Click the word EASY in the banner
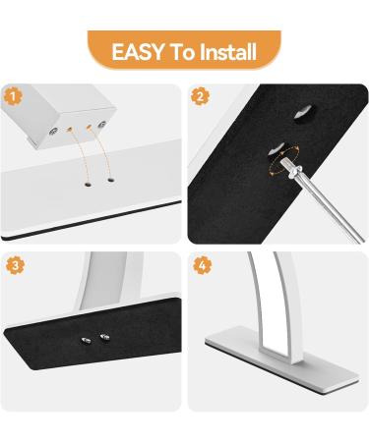point(138,52)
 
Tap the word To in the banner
point(182,52)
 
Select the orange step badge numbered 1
point(13,97)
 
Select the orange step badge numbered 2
point(201,96)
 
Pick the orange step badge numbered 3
point(15,265)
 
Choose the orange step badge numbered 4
point(203,265)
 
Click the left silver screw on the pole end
point(52,132)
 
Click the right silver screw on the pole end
point(102,125)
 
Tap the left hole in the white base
point(88,185)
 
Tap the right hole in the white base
point(110,180)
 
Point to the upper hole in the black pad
point(303,114)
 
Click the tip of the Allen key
point(283,160)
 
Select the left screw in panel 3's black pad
point(86,340)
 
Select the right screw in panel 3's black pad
point(104,336)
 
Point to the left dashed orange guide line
point(79,155)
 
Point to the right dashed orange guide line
point(100,152)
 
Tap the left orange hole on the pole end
point(69,130)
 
